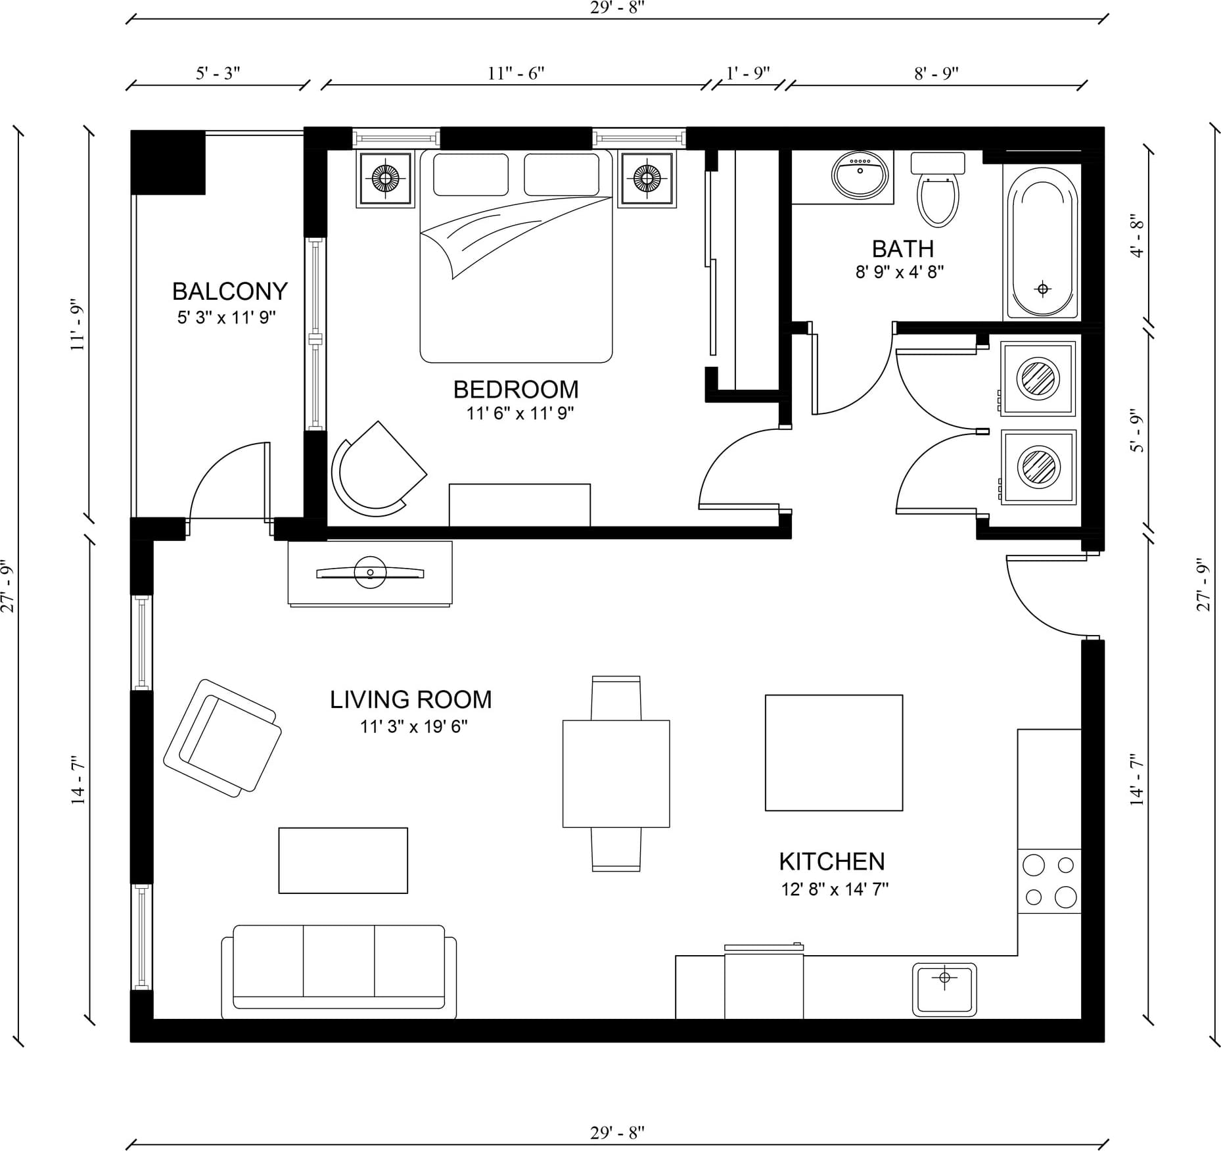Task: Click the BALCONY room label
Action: pos(229,291)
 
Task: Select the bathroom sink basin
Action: pos(860,175)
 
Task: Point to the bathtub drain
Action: pos(1042,289)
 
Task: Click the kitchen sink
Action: pos(944,989)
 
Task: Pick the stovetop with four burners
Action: pos(1049,881)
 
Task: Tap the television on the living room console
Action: pos(370,573)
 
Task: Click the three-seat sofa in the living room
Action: pos(339,972)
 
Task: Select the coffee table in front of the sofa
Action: pos(343,860)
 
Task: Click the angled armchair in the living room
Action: pos(222,738)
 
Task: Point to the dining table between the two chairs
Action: pos(616,774)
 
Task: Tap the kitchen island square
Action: pos(834,753)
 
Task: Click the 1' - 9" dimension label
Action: pos(748,72)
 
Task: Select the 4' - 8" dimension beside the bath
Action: pos(1138,235)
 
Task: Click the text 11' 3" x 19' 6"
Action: pos(413,726)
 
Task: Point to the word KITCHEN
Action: pos(832,861)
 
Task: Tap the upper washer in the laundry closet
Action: pos(1038,379)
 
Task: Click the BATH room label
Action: pos(903,248)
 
